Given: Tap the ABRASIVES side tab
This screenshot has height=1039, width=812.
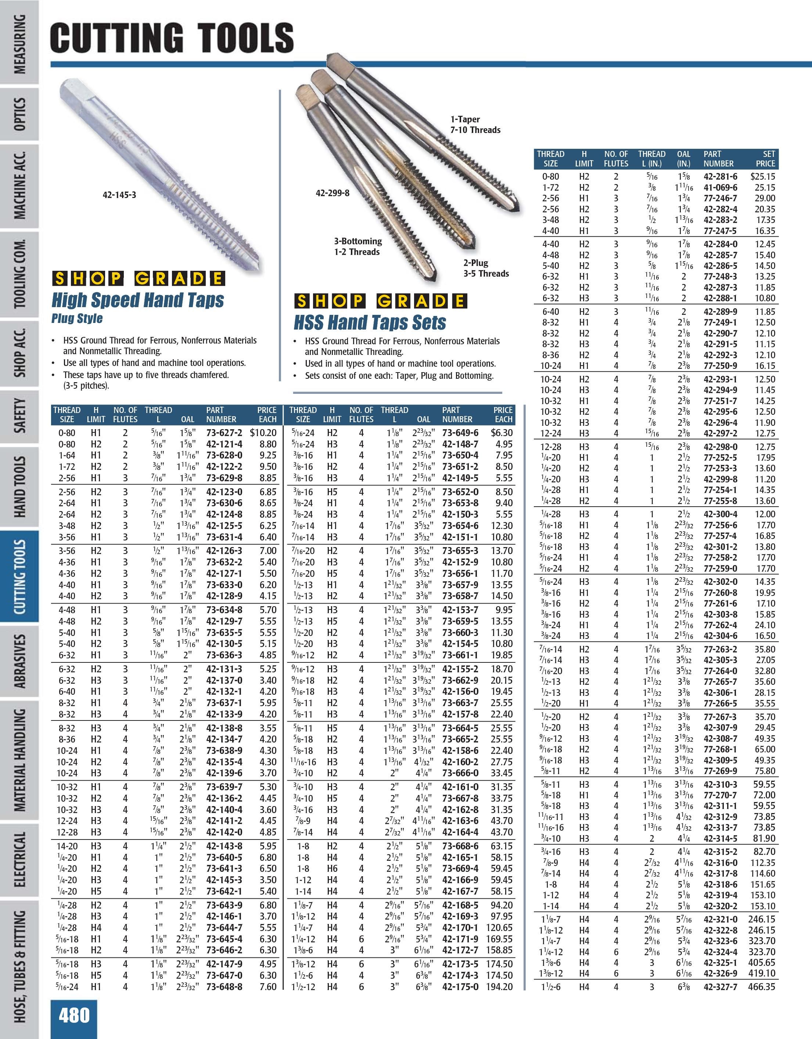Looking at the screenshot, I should pyautogui.click(x=19, y=661).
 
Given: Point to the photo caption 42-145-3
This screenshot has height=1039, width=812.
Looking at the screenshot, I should pyautogui.click(x=119, y=195).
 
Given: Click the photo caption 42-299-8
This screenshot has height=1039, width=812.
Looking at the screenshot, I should pyautogui.click(x=333, y=193).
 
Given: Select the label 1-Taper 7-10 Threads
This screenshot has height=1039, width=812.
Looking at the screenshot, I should pyautogui.click(x=475, y=125).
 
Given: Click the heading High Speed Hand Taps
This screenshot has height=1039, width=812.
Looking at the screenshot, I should pyautogui.click(x=137, y=300).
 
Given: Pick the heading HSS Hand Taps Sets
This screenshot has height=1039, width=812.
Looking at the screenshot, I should pyautogui.click(x=370, y=323).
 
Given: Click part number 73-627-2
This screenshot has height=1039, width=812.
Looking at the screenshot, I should pyautogui.click(x=224, y=432).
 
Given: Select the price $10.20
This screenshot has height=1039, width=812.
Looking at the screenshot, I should pyautogui.click(x=263, y=432).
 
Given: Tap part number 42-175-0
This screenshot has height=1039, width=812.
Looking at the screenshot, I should pyautogui.click(x=460, y=987).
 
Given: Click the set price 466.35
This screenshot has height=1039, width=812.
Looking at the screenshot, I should pyautogui.click(x=761, y=987).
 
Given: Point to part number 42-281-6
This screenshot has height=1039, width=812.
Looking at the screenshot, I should pyautogui.click(x=720, y=176).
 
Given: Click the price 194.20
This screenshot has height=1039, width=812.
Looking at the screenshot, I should pyautogui.click(x=499, y=987).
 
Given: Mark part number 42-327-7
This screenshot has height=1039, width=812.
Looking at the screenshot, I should pyautogui.click(x=720, y=987).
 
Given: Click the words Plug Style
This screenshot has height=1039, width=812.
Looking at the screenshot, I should pyautogui.click(x=77, y=318).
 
